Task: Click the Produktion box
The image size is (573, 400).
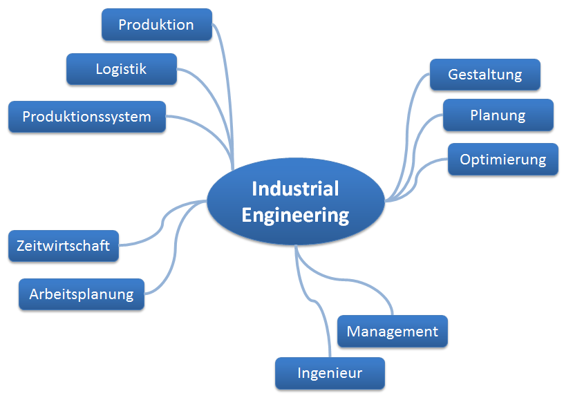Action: [x=156, y=25]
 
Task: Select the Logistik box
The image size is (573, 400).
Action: [x=121, y=69]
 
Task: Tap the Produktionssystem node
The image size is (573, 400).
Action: [x=86, y=117]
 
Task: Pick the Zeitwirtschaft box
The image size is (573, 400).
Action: [x=63, y=246]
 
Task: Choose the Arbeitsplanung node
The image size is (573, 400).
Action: [x=81, y=294]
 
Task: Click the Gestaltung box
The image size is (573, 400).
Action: [x=485, y=75]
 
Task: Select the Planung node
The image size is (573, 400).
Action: [x=498, y=115]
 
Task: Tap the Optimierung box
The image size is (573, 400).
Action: [x=502, y=160]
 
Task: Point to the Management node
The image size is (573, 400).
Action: [x=392, y=332]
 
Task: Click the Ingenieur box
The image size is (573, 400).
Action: [x=330, y=374]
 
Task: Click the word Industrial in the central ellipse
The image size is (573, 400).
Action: [x=295, y=189]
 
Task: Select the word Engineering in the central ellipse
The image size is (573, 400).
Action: [x=295, y=215]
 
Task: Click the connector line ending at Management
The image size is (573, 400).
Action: [x=346, y=280]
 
